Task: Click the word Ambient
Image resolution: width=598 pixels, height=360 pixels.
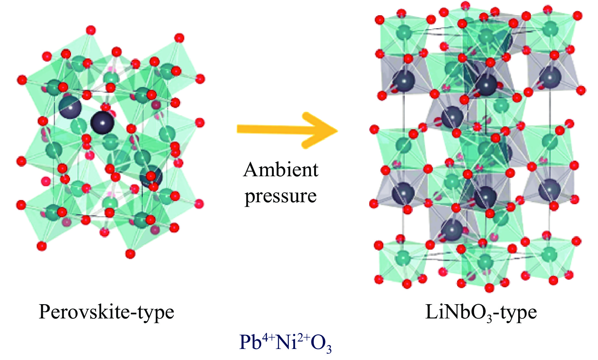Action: point(281,169)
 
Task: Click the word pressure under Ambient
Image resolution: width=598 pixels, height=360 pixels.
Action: point(281,196)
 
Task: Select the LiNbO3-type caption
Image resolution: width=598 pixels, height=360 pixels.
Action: point(481,312)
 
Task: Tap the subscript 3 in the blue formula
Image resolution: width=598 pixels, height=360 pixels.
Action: point(328,349)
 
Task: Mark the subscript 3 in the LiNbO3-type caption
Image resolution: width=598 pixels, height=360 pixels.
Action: point(489,318)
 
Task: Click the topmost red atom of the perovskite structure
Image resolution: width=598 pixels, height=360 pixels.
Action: point(91,30)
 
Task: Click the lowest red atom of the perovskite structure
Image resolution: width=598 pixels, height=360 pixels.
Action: point(130,254)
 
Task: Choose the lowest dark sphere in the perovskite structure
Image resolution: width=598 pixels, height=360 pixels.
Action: point(151,176)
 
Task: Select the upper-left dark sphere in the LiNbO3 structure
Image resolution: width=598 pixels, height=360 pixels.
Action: point(404,81)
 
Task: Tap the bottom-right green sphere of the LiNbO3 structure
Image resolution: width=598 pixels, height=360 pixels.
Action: point(549,253)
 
